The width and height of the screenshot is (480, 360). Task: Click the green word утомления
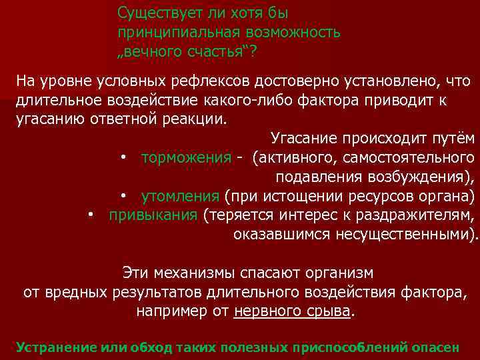click(180, 197)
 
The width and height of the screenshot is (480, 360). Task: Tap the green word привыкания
click(153, 215)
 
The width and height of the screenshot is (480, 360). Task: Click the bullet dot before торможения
click(124, 159)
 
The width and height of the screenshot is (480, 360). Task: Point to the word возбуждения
click(419, 177)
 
